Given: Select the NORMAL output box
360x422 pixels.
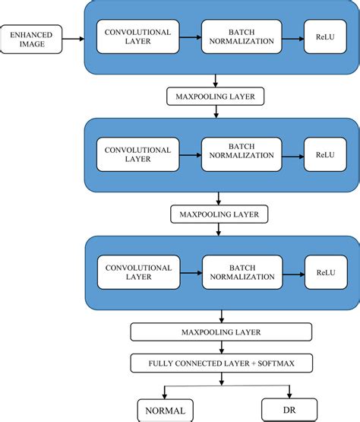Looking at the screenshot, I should point(162,411).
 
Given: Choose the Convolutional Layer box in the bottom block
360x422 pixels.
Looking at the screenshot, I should point(138,271).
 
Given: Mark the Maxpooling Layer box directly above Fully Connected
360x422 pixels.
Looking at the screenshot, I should point(220,332).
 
